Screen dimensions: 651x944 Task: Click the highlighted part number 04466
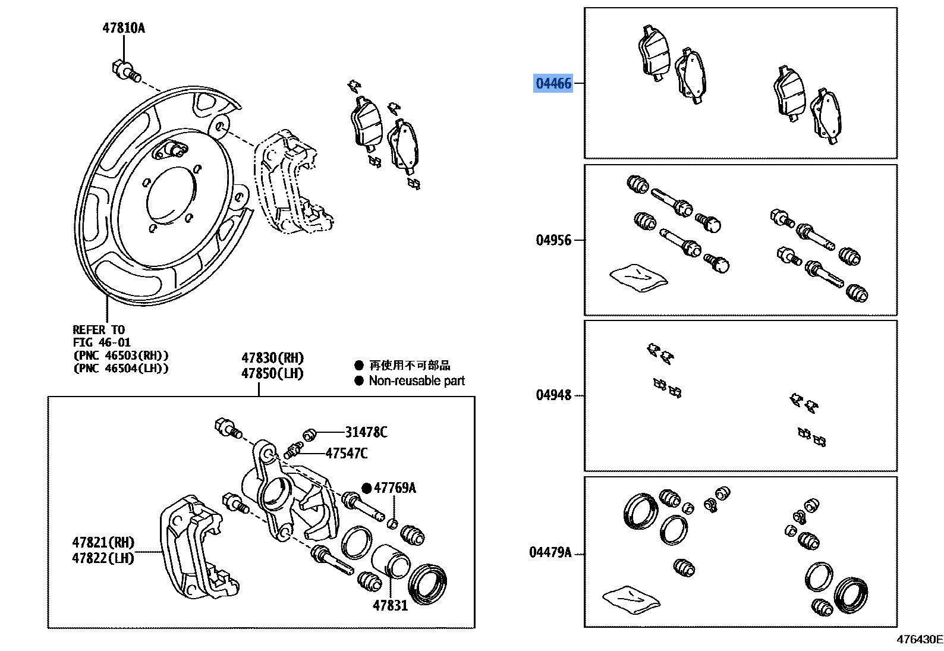(553, 83)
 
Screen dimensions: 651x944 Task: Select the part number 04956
(553, 240)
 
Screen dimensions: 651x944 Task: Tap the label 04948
(553, 395)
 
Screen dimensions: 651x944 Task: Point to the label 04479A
(550, 553)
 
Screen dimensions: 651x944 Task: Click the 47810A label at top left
(123, 28)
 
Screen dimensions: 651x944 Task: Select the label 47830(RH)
(272, 358)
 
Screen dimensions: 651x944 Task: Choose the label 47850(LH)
(272, 373)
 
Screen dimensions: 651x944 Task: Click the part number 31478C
(366, 432)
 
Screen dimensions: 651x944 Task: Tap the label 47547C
(347, 454)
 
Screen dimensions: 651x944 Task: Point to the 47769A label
(395, 488)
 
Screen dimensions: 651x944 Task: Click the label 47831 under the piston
(390, 606)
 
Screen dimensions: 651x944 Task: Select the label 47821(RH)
(103, 542)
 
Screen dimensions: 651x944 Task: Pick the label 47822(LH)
(103, 558)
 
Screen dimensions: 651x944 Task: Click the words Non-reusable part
(417, 381)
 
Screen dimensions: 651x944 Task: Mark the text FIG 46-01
(102, 342)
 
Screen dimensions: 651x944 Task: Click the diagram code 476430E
(919, 640)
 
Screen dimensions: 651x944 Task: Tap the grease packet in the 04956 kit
(638, 276)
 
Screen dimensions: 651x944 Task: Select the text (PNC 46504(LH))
(121, 369)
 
